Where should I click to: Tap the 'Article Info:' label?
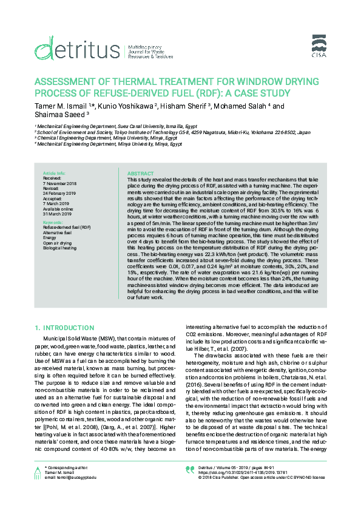[x=53, y=174]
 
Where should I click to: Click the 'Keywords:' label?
[x=53, y=223]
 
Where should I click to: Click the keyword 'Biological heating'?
[x=59, y=248]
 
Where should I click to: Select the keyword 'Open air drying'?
[x=57, y=243]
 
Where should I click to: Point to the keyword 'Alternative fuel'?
[x=58, y=233]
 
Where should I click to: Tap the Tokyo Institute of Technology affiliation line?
[x=173, y=132]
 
